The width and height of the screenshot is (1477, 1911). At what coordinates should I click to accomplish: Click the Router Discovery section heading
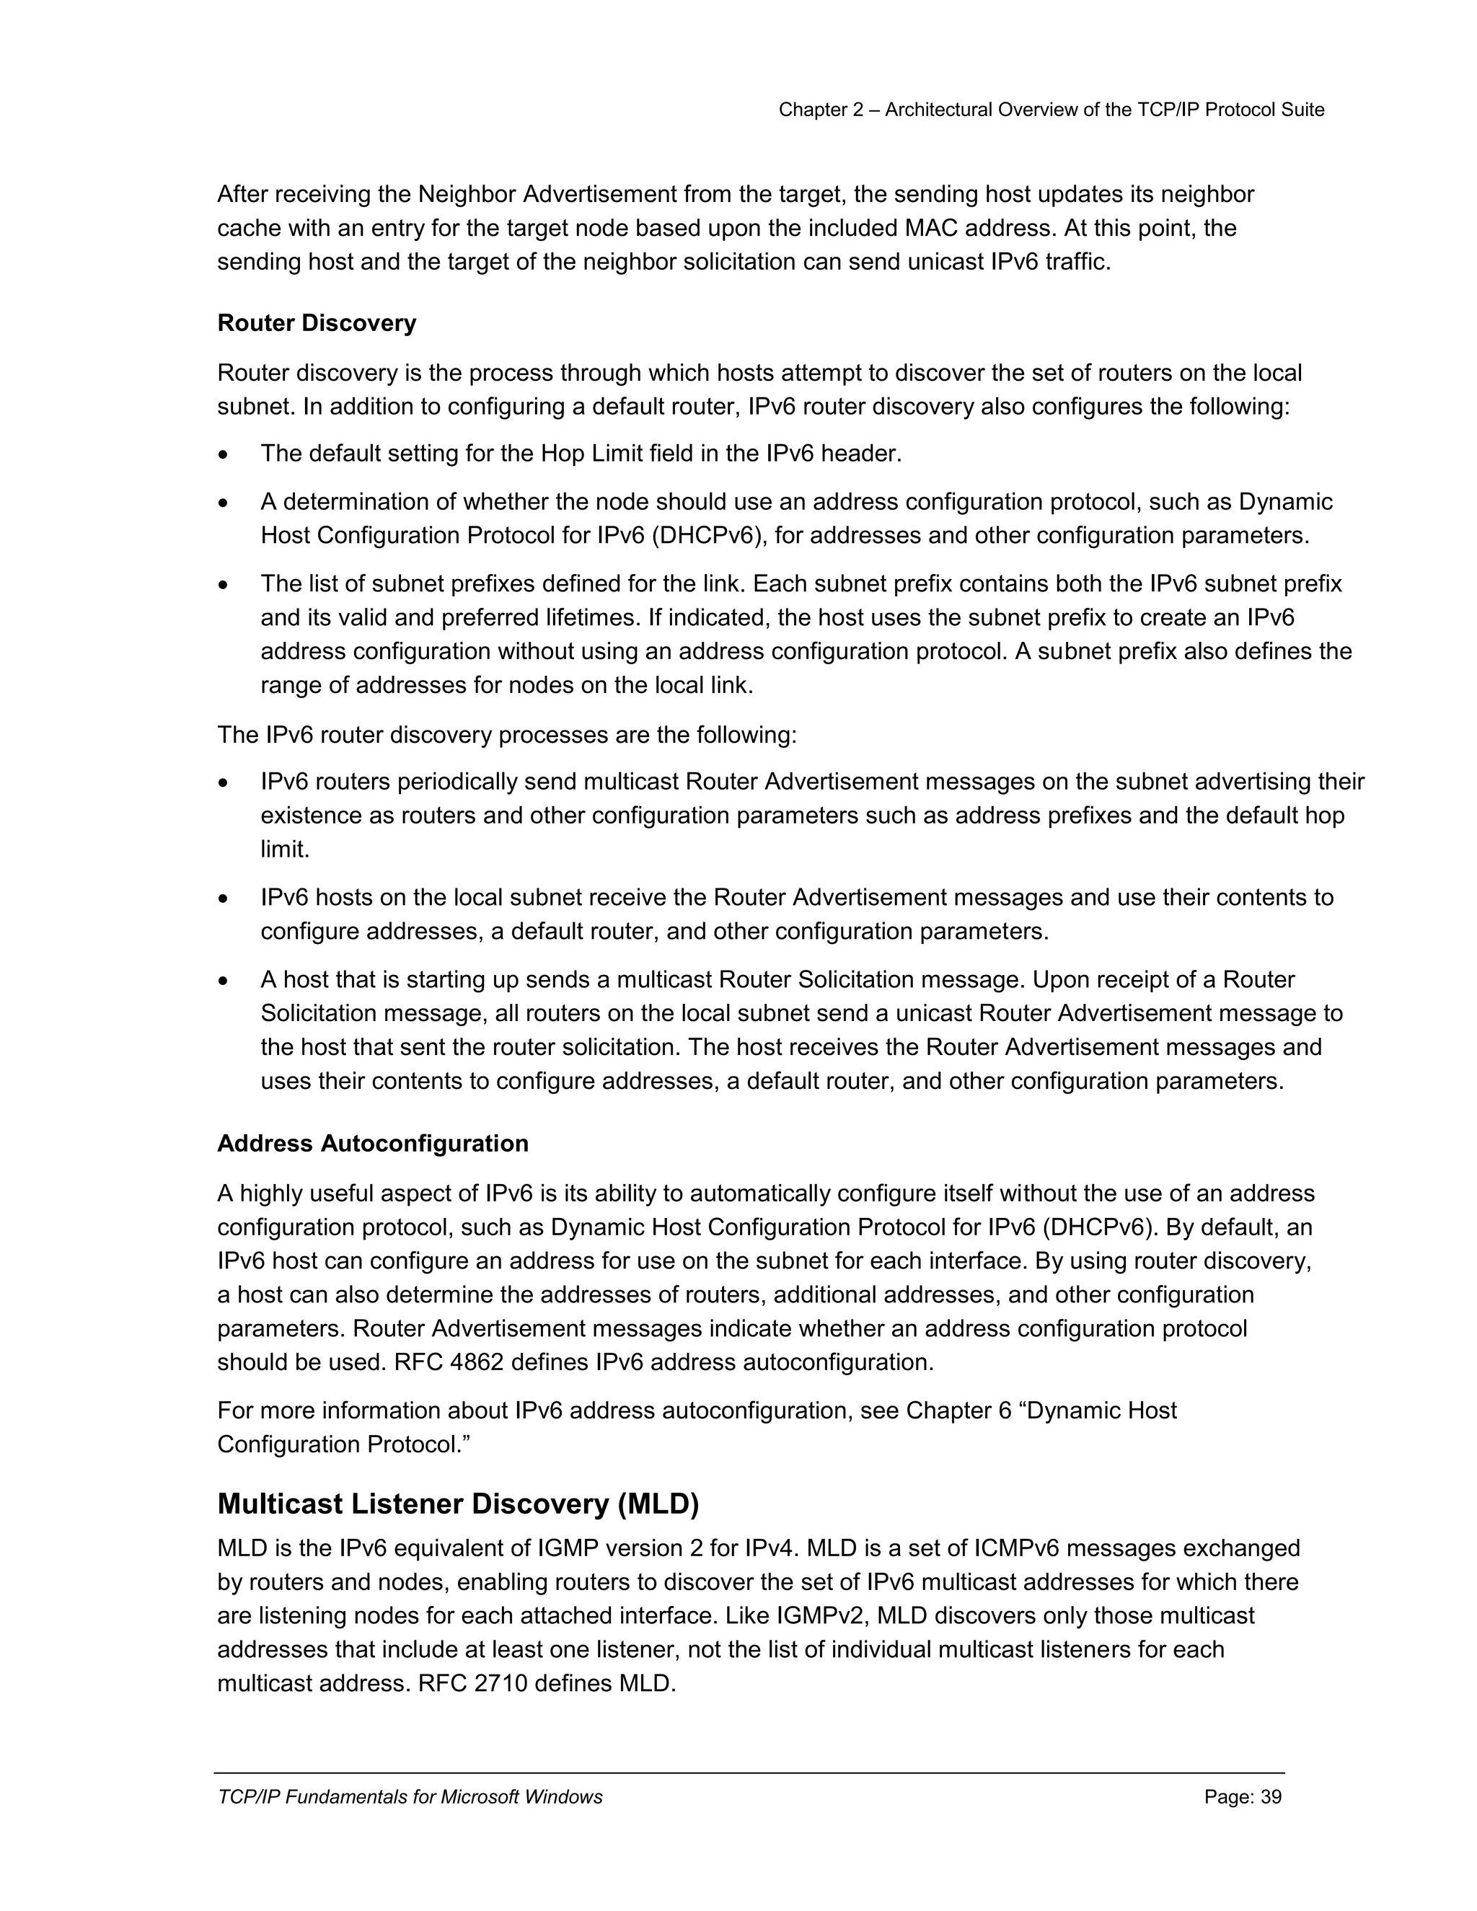316,323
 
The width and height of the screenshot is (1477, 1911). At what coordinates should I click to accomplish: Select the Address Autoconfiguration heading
372,1144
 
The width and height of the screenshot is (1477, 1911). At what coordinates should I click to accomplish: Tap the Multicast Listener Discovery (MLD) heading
458,1504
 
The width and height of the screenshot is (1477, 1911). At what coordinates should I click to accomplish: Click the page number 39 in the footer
1271,1797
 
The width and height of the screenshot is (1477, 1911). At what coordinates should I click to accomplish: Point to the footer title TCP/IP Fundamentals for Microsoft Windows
410,1797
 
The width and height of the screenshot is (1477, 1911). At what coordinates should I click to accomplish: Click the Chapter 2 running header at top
1051,110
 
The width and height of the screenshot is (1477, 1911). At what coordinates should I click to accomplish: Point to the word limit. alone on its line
286,849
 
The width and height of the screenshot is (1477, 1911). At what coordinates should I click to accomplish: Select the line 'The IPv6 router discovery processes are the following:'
506,734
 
